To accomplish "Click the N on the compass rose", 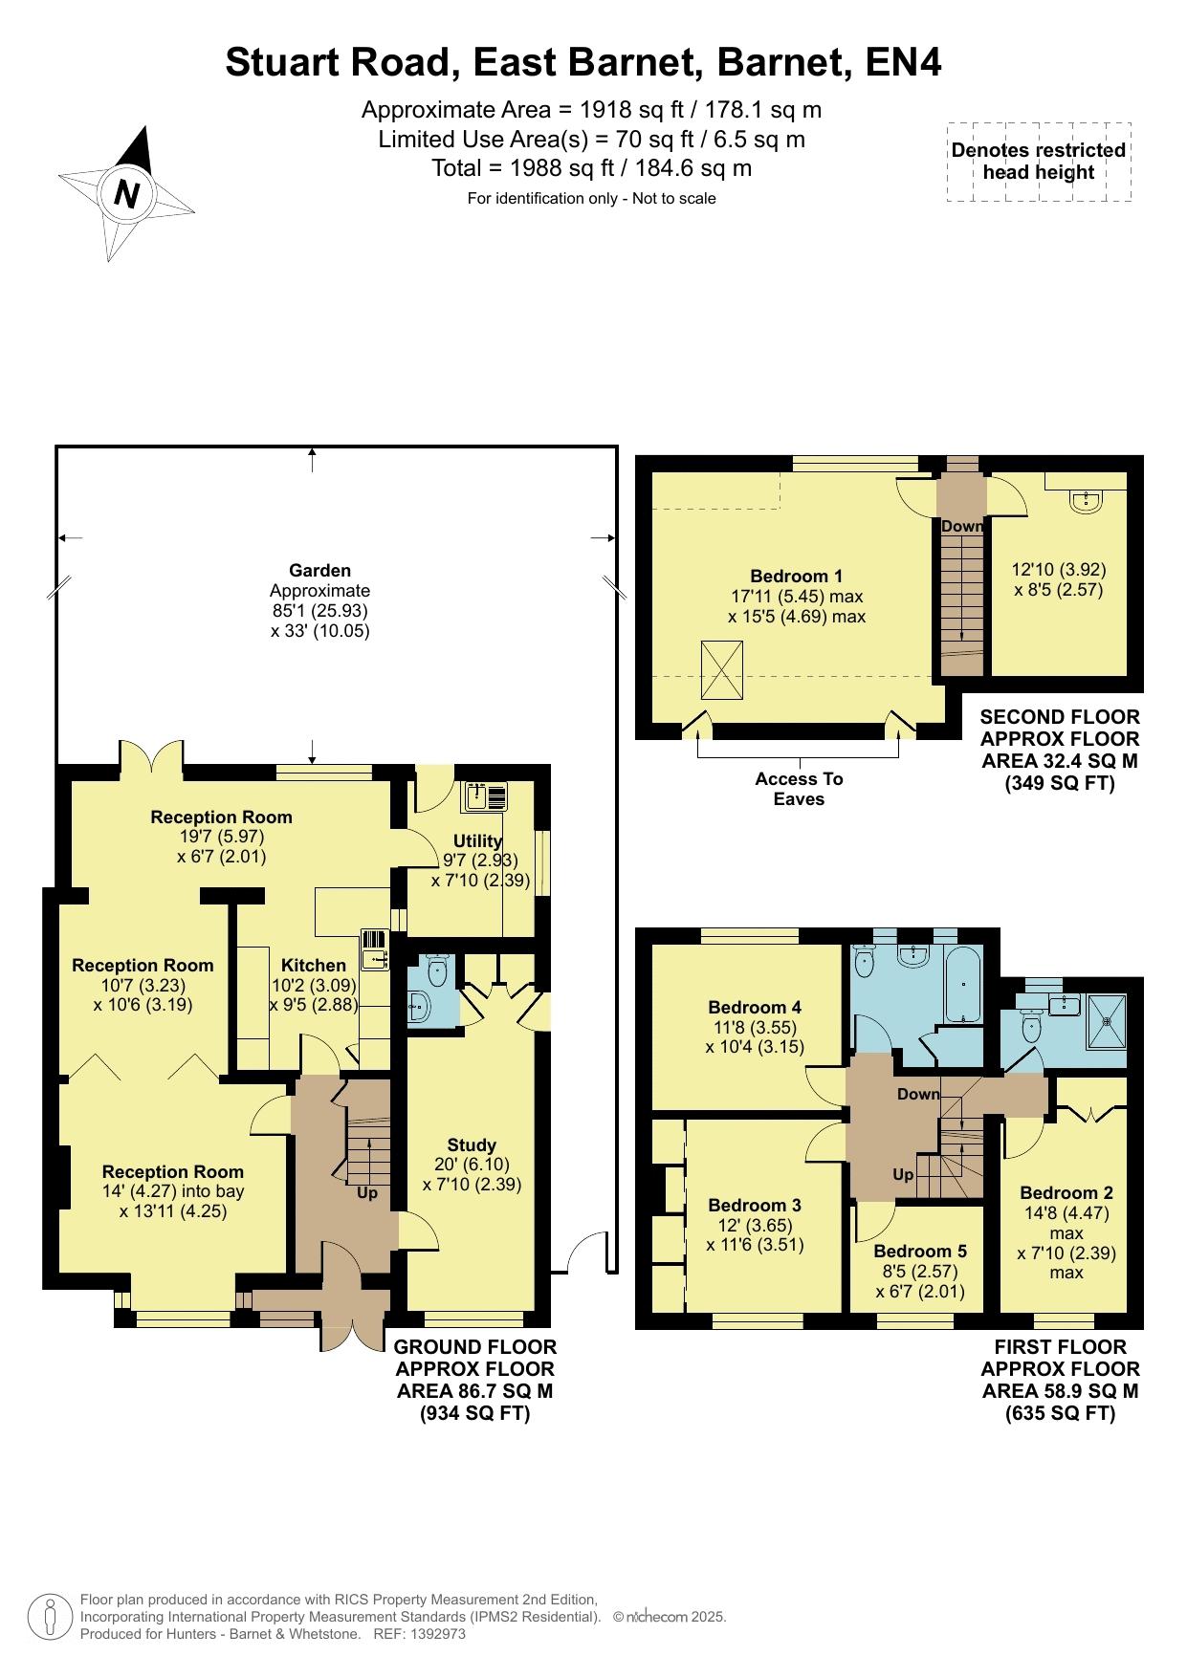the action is point(126,194).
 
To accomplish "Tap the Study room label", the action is point(472,1144).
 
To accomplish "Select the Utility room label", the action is point(477,840).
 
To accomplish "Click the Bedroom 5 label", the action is point(920,1251).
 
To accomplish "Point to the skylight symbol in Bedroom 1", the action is point(722,670).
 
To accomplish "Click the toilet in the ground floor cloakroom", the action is point(437,971).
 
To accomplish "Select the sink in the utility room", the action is point(487,796).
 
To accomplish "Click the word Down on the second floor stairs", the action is point(961,526).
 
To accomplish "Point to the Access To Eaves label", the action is point(799,789).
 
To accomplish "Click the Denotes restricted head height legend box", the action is point(1039,162).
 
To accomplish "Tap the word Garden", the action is point(319,571).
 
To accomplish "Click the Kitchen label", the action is point(313,966).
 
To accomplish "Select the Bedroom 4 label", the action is point(755,1007).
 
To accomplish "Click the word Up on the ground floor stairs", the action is point(367,1193).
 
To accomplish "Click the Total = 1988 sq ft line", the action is point(592,168).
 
